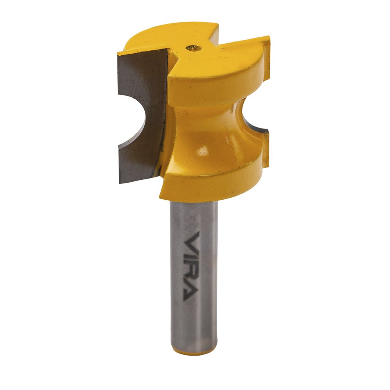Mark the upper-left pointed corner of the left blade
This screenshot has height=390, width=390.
[118, 53]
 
